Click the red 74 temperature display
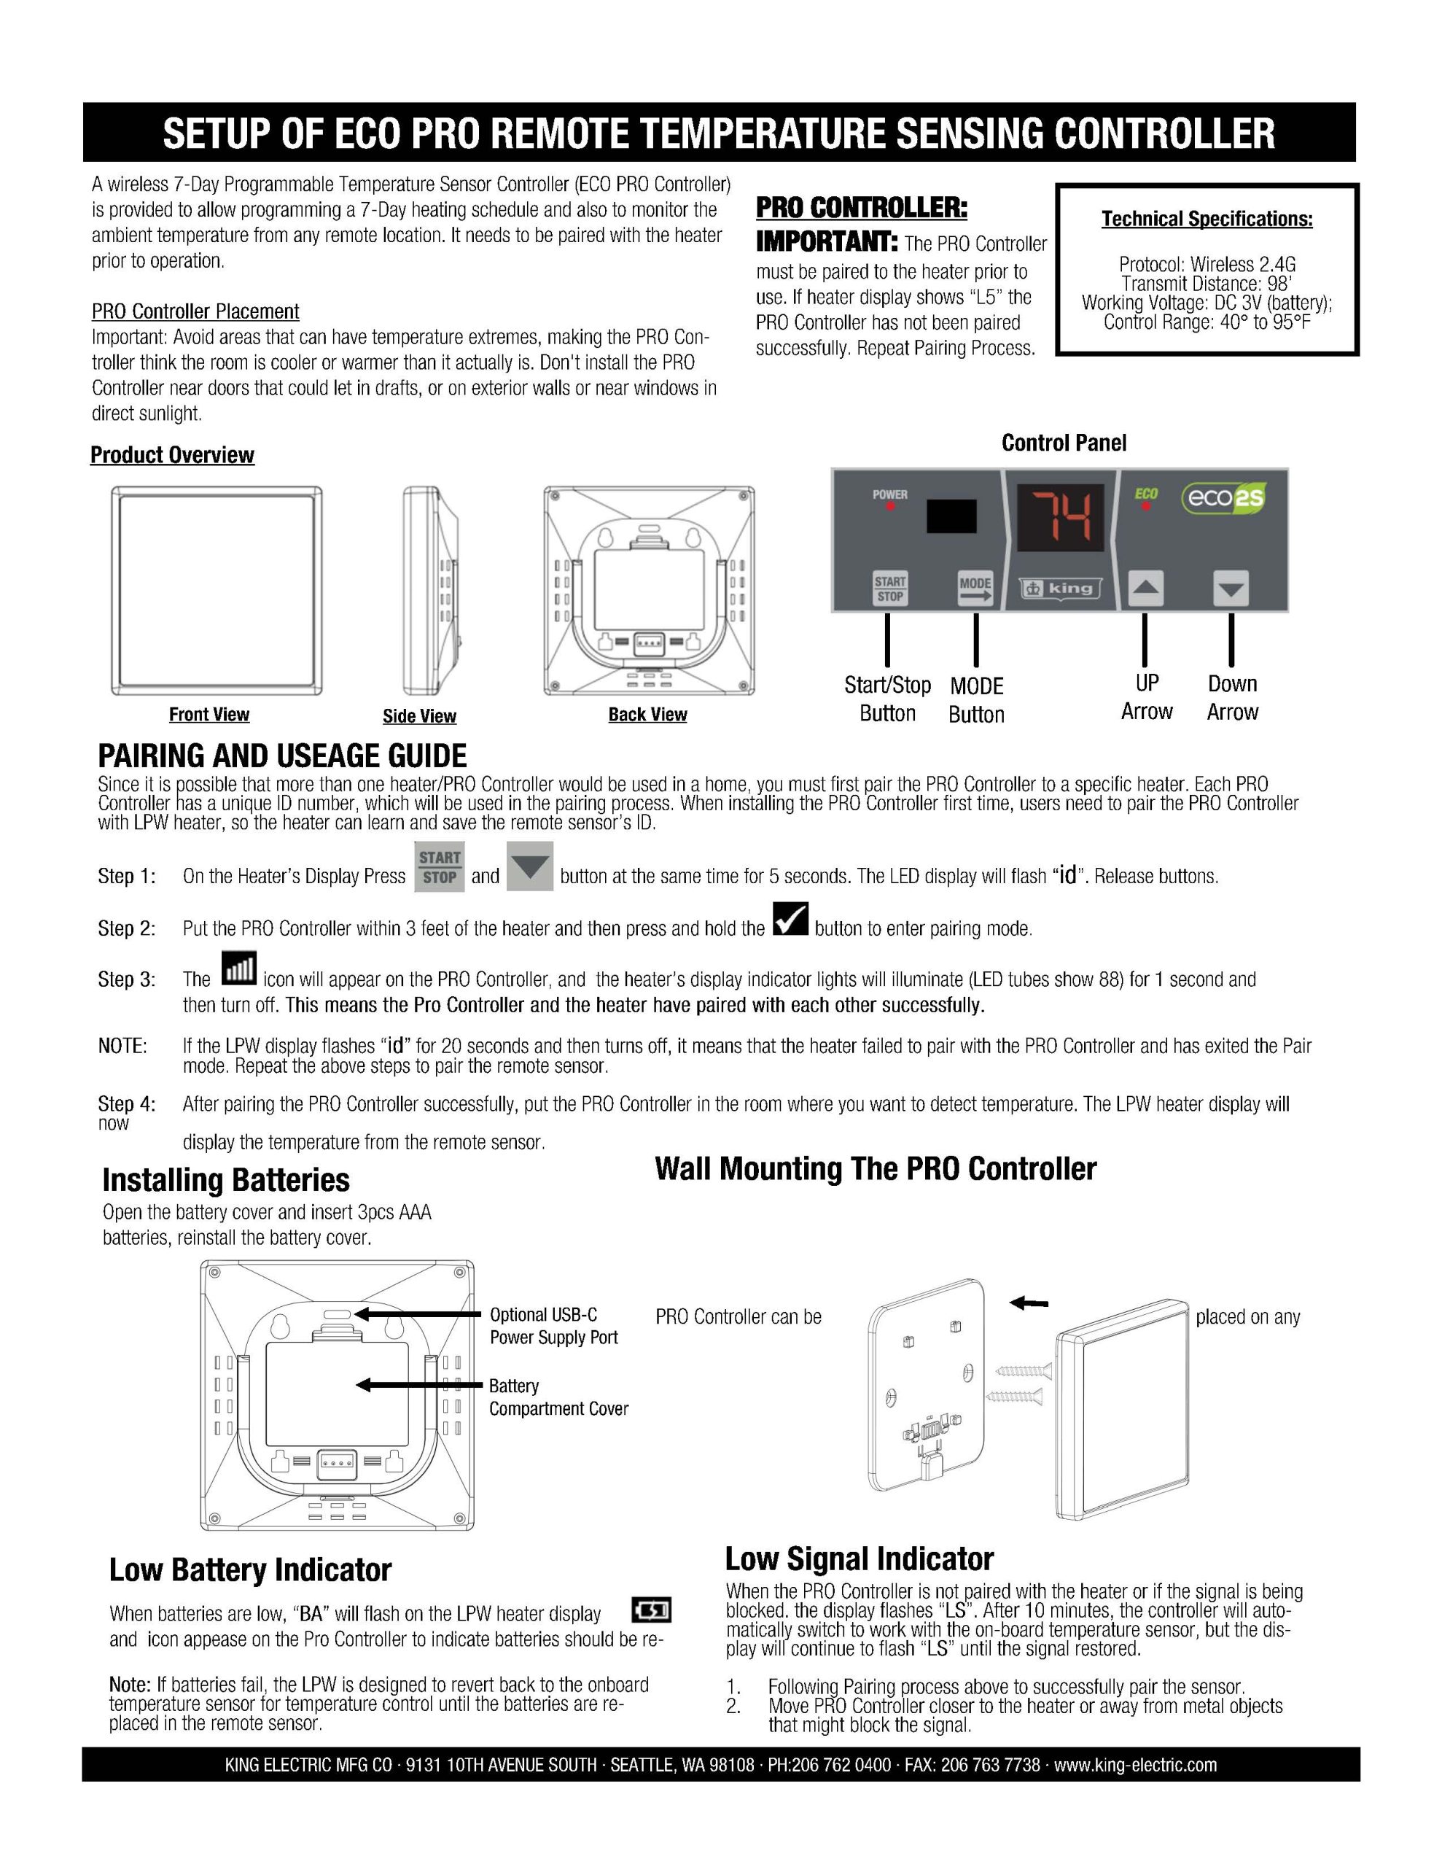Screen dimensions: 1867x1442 (1059, 518)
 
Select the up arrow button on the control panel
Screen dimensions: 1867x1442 (1145, 588)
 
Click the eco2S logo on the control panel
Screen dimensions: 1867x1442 (1223, 498)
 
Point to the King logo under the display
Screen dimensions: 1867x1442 (1060, 588)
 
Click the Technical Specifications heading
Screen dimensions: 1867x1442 (1206, 219)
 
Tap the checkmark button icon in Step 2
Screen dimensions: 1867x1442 (790, 919)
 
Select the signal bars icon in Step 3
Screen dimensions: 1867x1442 (238, 969)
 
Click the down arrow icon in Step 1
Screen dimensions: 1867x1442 (530, 867)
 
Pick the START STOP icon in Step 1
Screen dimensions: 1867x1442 (440, 867)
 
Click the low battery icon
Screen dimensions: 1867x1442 (651, 1610)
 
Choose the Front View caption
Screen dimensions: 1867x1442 (208, 715)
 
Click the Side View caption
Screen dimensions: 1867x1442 (419, 716)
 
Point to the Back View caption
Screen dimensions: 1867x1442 (647, 715)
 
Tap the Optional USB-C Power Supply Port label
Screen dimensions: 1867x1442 (553, 1326)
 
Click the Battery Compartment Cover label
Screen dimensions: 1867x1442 (558, 1397)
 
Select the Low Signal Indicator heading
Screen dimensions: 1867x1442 (859, 1559)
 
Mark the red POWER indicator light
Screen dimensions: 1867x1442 (890, 507)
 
